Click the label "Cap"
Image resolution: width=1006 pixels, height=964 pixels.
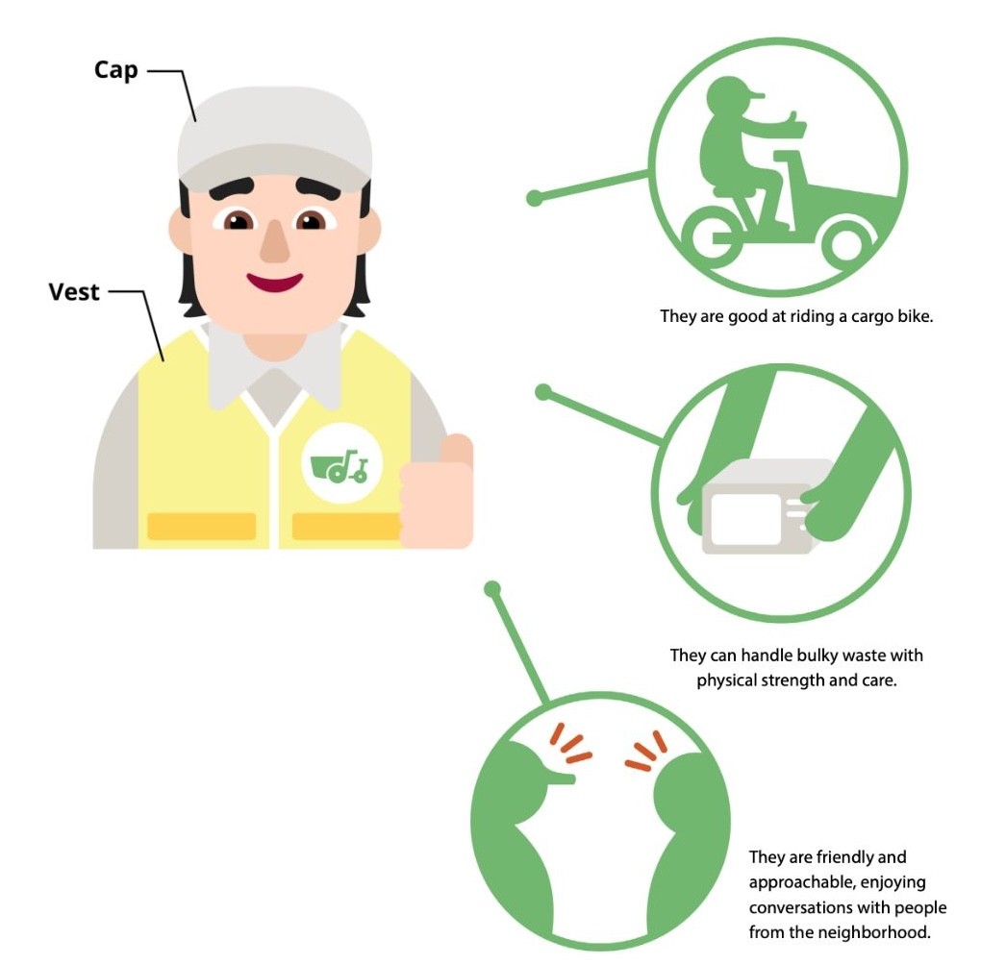click(x=116, y=70)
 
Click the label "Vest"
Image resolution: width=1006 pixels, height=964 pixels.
click(x=74, y=292)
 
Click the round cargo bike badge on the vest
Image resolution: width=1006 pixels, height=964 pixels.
click(x=342, y=463)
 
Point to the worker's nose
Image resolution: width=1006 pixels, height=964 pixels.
click(x=275, y=241)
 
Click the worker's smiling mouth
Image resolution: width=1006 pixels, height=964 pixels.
click(x=275, y=282)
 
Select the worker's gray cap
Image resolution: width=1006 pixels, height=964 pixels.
click(x=275, y=136)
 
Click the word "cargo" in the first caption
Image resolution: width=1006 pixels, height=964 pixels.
click(x=870, y=316)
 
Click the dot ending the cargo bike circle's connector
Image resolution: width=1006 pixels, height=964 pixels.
click(x=535, y=199)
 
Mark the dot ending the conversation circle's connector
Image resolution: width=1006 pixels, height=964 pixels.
click(x=492, y=589)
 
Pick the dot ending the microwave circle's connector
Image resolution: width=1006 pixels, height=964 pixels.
click(x=543, y=392)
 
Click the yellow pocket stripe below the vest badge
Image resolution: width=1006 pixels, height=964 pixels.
click(x=347, y=527)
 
